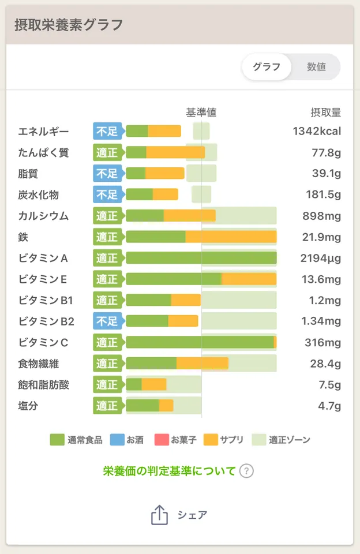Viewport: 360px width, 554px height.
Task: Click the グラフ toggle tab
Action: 267,67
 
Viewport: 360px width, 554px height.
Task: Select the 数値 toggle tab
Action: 316,67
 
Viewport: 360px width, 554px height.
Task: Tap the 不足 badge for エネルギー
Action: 107,131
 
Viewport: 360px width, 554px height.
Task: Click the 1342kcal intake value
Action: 317,131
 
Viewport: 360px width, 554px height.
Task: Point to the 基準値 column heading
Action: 201,113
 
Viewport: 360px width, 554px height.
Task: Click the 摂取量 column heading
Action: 325,113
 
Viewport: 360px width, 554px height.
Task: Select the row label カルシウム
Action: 43,216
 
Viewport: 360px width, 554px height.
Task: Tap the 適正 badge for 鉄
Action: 107,237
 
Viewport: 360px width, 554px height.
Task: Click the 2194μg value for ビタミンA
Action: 321,258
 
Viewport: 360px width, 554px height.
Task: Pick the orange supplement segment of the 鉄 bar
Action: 231,237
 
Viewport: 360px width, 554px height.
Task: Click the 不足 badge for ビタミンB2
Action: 107,321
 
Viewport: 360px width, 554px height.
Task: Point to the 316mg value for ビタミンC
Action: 323,343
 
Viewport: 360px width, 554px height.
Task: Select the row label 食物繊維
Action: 39,364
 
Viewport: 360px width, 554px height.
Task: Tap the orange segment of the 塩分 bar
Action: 166,406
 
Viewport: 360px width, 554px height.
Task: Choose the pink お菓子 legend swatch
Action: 161,440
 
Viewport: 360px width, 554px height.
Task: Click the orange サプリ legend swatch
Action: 211,440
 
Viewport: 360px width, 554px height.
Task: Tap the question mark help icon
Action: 246,471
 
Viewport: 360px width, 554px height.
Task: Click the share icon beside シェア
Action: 159,515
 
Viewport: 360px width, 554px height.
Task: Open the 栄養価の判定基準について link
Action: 169,471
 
